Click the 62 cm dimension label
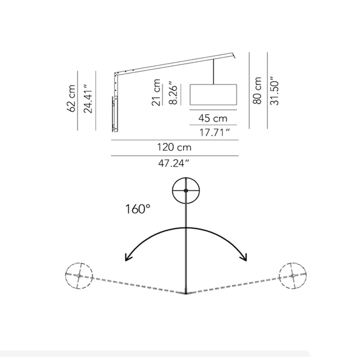72,99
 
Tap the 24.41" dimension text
88,99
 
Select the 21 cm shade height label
156,92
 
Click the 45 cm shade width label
213,118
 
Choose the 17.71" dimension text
215,132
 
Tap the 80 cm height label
257,91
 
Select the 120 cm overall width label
174,147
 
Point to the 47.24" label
174,163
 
